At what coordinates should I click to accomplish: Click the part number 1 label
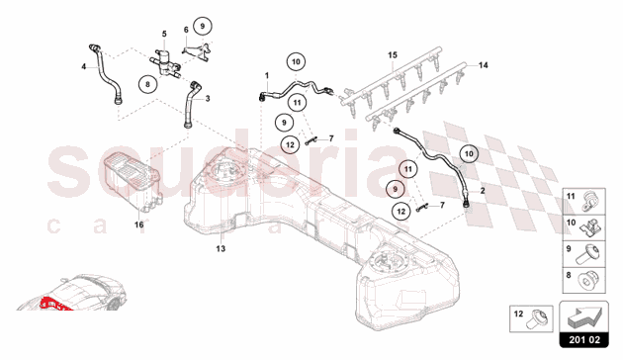coord(266,76)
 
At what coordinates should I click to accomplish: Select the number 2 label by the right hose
coord(482,189)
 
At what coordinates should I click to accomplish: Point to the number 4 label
coord(84,67)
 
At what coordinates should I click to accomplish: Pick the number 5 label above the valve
coord(164,35)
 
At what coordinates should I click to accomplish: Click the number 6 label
coord(184,34)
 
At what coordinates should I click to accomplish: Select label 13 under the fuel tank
coord(221,247)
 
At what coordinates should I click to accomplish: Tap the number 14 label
coord(485,65)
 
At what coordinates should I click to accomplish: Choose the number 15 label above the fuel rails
coord(392,52)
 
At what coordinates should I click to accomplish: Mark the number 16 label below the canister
coord(138,225)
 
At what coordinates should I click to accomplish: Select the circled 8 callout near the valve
coord(147,86)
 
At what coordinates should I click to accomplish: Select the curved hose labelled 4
coord(106,74)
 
